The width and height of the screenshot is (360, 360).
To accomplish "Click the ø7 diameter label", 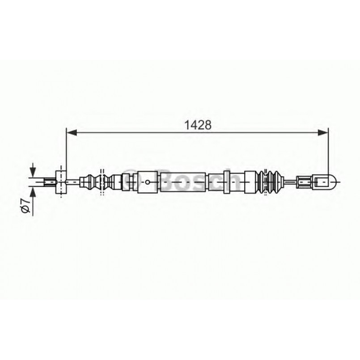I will pyautogui.click(x=26, y=208).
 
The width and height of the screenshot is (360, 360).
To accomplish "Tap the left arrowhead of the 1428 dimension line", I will pyautogui.click(x=70, y=132).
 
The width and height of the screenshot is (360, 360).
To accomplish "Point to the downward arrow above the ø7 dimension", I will pyautogui.click(x=33, y=171).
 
